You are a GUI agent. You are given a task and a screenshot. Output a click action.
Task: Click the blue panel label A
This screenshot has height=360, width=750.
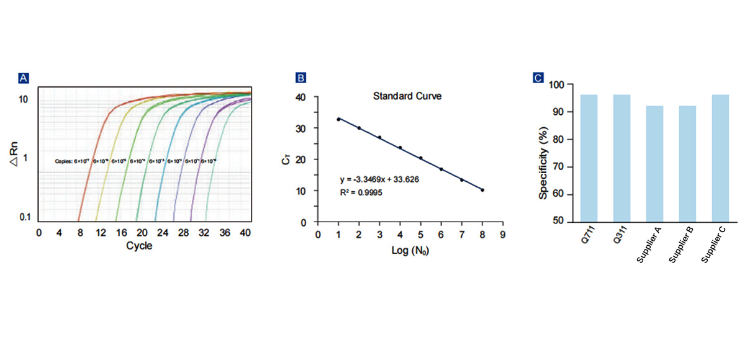tap(24, 78)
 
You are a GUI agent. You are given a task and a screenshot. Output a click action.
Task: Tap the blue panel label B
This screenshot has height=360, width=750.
tap(300, 78)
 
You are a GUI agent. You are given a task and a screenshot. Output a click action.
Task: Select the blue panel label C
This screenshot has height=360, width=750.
tap(538, 78)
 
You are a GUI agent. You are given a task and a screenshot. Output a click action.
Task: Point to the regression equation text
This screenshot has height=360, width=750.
tap(379, 180)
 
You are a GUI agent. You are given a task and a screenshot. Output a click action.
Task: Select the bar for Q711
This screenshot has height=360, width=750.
tap(589, 158)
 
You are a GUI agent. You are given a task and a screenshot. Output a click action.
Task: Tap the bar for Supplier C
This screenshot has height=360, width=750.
tap(720, 158)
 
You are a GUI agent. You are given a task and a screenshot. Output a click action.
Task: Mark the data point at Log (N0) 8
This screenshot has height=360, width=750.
tap(482, 190)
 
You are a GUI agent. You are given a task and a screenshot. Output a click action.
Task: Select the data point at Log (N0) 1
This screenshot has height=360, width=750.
tap(338, 119)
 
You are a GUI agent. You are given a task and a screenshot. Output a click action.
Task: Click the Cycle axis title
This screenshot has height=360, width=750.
tap(139, 245)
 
